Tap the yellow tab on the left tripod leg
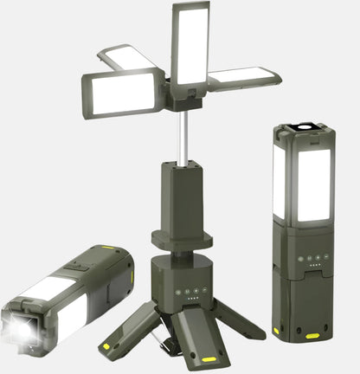[107, 345]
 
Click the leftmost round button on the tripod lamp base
[178, 292]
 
